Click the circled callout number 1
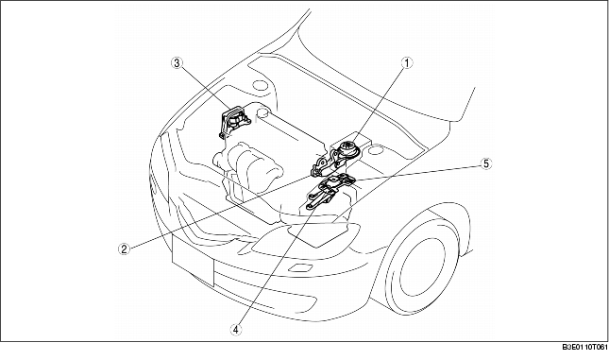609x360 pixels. [407, 64]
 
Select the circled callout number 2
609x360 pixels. [123, 249]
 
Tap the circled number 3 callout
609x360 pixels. [177, 64]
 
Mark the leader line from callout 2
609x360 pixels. [217, 211]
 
